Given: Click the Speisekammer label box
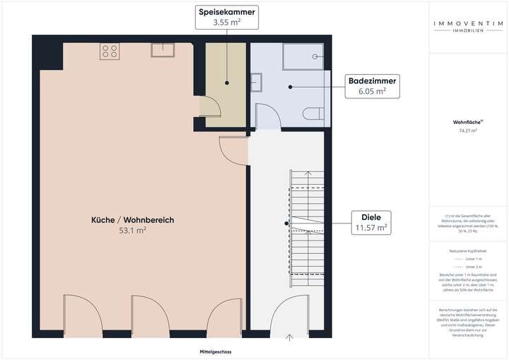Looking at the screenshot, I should [227, 18].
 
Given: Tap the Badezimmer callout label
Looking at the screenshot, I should [371, 86].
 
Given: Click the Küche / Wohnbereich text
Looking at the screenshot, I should [132, 220].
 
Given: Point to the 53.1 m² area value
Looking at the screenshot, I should [132, 231].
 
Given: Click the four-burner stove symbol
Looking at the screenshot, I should [109, 51].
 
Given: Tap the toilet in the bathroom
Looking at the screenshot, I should [311, 113].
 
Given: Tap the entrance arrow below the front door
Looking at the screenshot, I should [290, 337].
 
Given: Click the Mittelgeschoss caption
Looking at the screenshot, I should [215, 352].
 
